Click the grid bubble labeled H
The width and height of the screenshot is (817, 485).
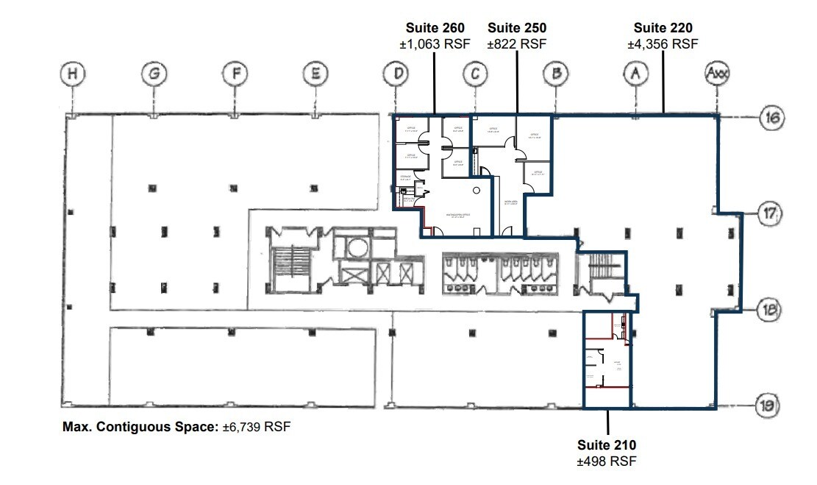tap(72, 74)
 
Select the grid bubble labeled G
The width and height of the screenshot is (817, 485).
tap(154, 74)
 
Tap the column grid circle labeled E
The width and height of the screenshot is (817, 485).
tap(315, 74)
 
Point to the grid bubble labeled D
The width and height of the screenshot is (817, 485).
tap(396, 74)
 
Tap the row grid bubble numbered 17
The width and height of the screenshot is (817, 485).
tap(770, 213)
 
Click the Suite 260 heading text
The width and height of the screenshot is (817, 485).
tap(434, 28)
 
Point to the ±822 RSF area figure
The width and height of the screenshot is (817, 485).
tap(517, 44)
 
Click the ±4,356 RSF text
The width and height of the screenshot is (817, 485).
tap(663, 44)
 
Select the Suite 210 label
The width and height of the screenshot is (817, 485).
tap(607, 445)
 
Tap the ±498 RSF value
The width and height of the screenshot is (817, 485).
tap(607, 461)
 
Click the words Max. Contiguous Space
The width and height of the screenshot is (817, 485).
tap(140, 427)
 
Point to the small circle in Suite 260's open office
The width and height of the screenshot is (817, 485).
tap(477, 191)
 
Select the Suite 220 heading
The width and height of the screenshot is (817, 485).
tap(663, 28)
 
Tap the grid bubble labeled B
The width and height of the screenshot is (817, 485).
tap(557, 74)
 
